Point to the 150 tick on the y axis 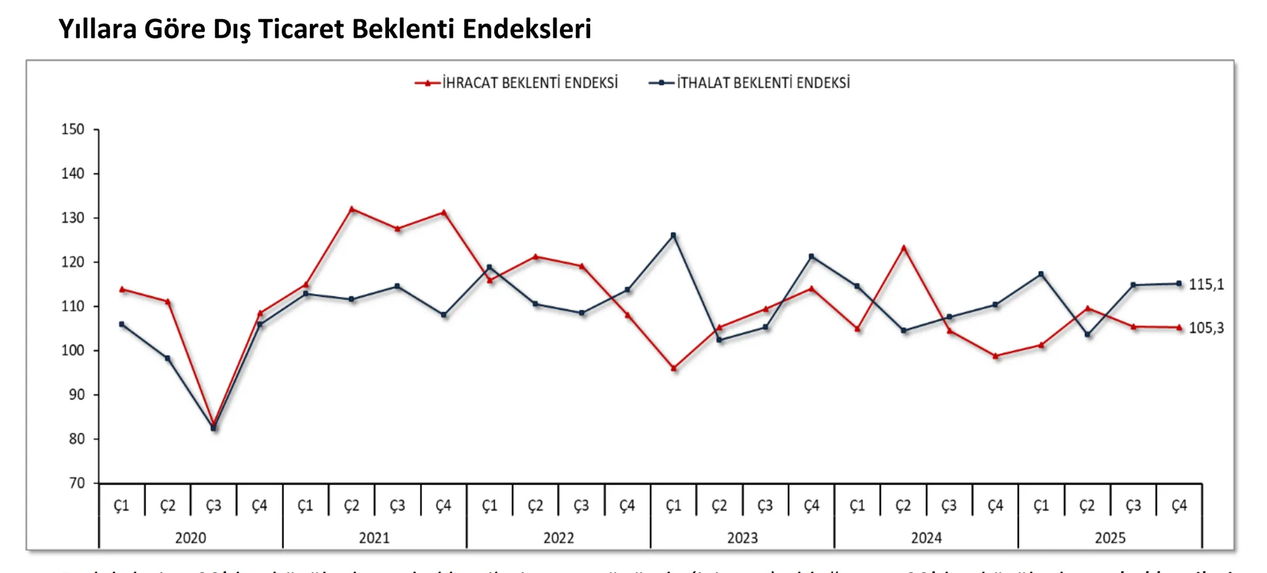coord(73,130)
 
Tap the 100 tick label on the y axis coord(73,350)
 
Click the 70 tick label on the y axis coord(77,483)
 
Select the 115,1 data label coord(1206,284)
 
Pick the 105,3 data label coord(1206,328)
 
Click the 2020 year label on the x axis coord(191,538)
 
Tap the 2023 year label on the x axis coord(742,538)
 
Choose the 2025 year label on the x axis coord(1110,538)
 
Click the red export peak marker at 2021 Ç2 coord(351,209)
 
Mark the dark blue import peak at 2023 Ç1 coord(674,236)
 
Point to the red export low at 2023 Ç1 coord(674,368)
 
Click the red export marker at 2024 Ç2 coord(903,248)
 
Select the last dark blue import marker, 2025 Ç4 coord(1179,284)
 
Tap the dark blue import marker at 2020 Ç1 coord(121,324)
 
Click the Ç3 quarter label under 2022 coord(581,506)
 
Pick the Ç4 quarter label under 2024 coord(995,506)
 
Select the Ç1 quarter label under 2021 coord(305,506)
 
